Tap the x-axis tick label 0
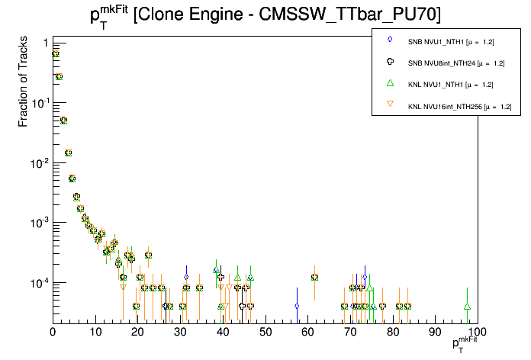[x=53, y=333]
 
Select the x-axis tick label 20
[x=137, y=333]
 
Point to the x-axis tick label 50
[x=265, y=333]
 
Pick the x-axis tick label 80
[x=392, y=333]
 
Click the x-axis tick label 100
[x=477, y=333]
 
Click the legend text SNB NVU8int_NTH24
[x=455, y=62]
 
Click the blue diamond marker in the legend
[x=390, y=39]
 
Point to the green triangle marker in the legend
[x=390, y=83]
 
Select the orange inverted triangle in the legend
[x=390, y=105]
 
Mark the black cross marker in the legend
[x=390, y=61]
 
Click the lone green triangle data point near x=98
[x=467, y=307]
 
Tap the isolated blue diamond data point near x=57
[x=297, y=306]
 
